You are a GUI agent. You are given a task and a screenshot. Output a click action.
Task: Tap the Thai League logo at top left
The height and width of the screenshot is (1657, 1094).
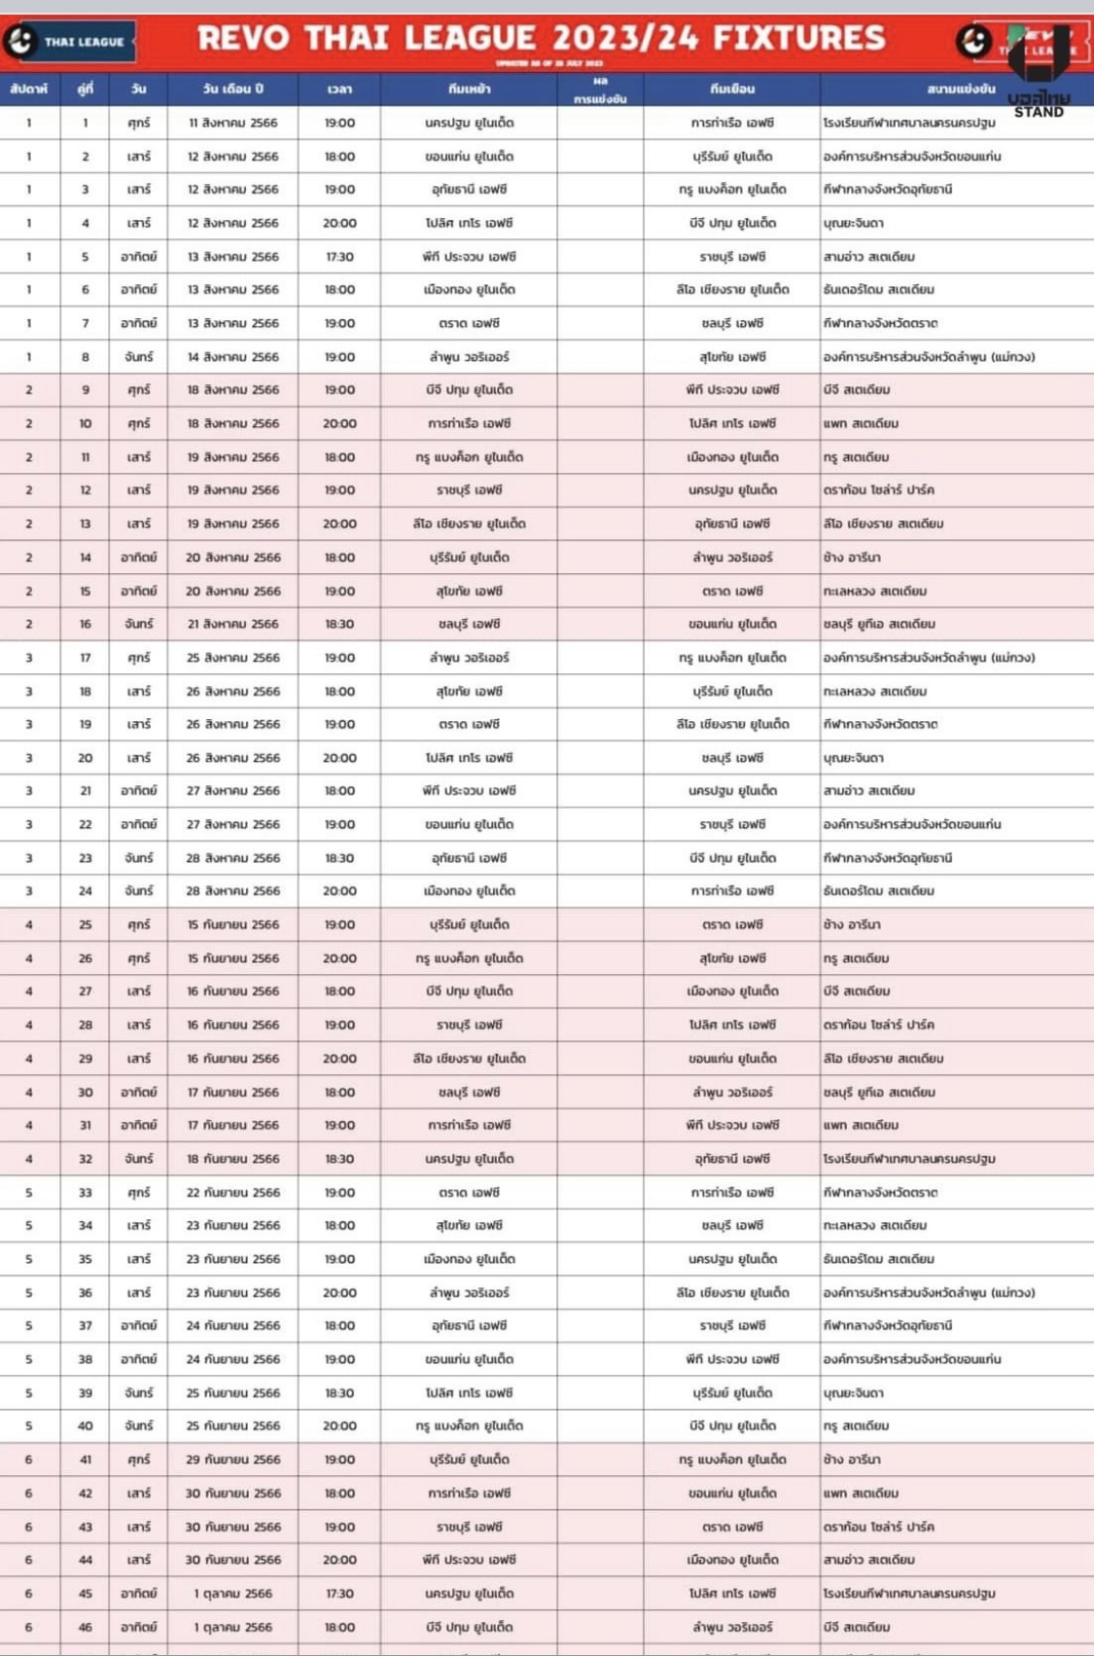(x=68, y=42)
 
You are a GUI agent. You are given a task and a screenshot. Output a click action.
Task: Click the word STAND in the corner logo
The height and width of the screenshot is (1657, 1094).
(x=1039, y=112)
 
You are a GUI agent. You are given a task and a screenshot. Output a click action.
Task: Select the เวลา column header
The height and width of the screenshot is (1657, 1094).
(x=339, y=90)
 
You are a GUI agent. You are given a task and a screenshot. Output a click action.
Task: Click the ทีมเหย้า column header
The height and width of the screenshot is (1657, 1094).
(x=469, y=90)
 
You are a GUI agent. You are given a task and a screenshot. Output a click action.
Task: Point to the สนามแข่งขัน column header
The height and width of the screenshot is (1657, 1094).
(x=961, y=90)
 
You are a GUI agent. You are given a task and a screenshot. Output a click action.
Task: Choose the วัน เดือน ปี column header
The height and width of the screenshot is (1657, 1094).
(x=232, y=90)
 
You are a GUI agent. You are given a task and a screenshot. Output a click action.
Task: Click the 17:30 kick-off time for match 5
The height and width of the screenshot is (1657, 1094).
(x=339, y=257)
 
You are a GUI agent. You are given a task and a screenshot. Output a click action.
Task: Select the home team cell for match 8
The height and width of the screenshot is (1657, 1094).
(x=469, y=357)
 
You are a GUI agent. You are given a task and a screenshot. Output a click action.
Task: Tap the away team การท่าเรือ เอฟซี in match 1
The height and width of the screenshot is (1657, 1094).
(x=732, y=124)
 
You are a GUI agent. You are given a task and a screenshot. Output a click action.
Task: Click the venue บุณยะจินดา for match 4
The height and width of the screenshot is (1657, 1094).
(x=853, y=224)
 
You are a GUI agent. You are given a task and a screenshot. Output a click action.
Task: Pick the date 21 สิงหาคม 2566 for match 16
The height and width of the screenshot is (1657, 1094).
(x=232, y=625)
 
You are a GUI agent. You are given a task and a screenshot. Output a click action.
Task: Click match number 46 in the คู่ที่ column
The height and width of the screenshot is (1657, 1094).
(x=86, y=1627)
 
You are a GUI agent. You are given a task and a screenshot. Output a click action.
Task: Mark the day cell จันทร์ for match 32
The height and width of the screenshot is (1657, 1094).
(x=138, y=1159)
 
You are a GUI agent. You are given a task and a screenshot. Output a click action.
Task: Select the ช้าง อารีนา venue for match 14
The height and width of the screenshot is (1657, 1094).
(x=852, y=558)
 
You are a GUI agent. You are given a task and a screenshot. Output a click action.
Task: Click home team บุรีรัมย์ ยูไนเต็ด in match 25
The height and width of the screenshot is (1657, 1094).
(x=469, y=925)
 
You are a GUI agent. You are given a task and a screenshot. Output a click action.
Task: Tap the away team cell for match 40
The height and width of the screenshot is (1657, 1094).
(x=732, y=1426)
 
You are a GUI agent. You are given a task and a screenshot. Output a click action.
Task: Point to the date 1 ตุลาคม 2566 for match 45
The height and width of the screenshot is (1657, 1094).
(x=232, y=1594)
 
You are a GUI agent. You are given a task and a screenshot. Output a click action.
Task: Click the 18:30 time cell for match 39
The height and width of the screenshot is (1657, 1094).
(x=339, y=1393)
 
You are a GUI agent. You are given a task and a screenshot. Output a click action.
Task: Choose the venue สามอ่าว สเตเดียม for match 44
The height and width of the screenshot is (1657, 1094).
(x=868, y=1560)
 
